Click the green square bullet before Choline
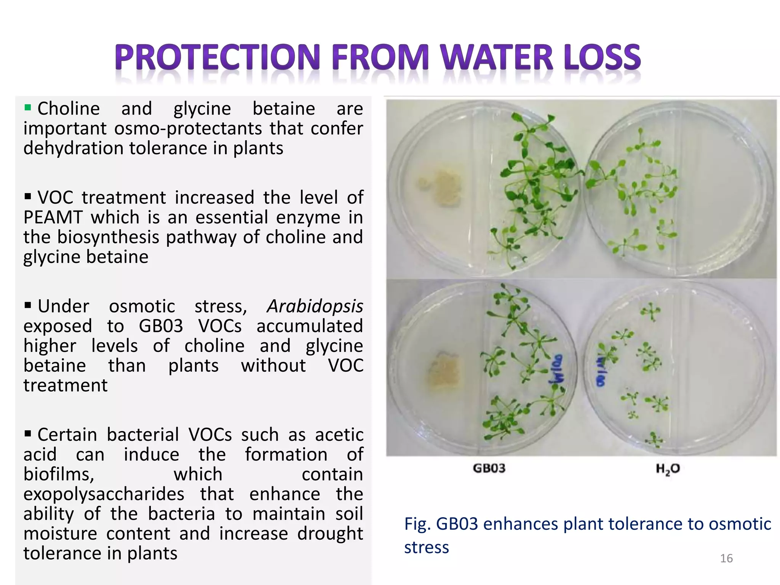click(x=27, y=107)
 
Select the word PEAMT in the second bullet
click(x=53, y=217)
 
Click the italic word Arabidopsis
click(x=315, y=306)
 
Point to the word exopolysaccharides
click(x=104, y=494)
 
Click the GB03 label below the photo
click(x=489, y=468)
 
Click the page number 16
click(x=726, y=558)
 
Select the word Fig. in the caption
click(x=417, y=524)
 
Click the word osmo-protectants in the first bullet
click(x=188, y=128)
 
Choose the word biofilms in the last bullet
click(x=58, y=474)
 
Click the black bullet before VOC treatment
click(x=27, y=197)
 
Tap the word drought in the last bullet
click(x=330, y=533)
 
